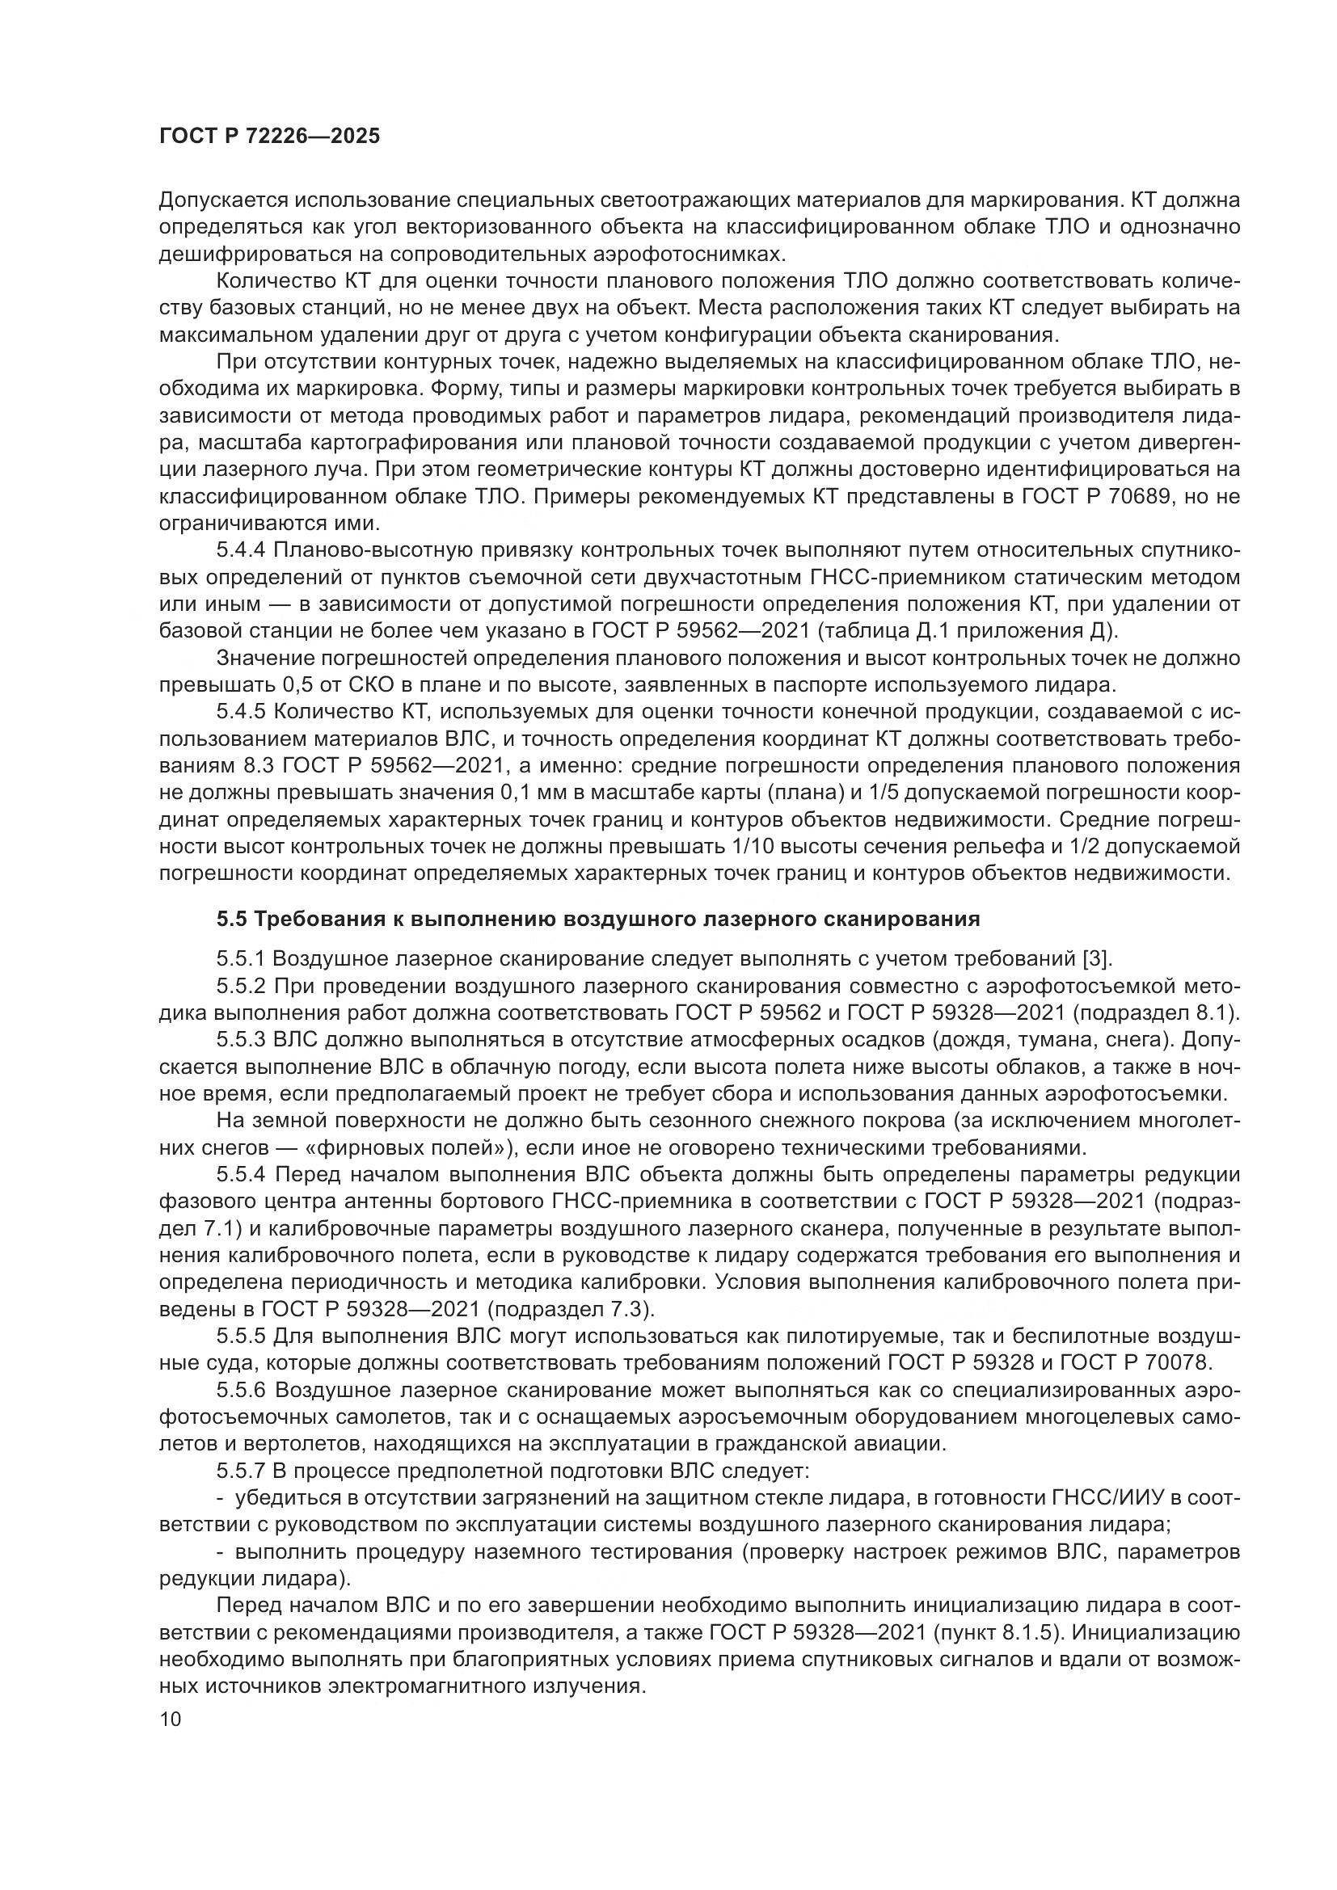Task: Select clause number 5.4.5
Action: (x=242, y=711)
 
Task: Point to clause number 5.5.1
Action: (x=242, y=958)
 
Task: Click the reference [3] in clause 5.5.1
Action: (x=1095, y=958)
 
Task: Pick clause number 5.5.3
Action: (x=242, y=1040)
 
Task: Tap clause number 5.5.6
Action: (x=242, y=1391)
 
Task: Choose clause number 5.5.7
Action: (x=242, y=1471)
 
